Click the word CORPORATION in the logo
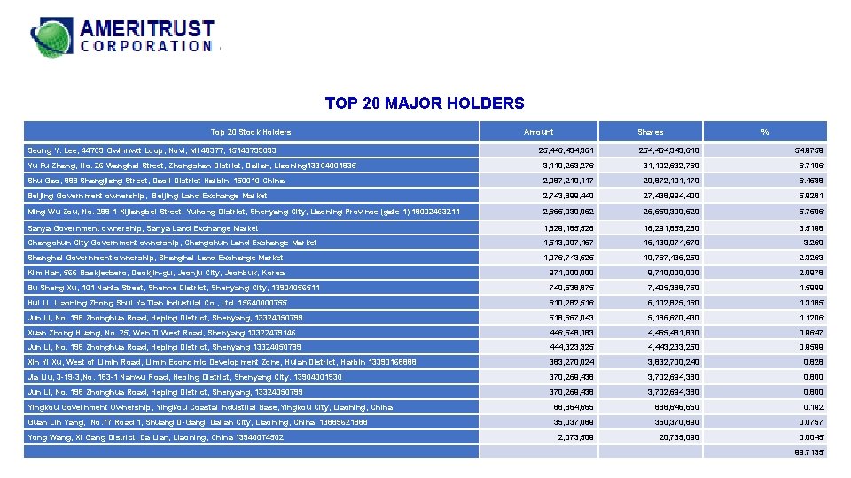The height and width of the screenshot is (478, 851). pyautogui.click(x=146, y=46)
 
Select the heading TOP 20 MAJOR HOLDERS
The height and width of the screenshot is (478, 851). pyautogui.click(x=425, y=104)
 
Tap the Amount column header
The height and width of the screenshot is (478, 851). pyautogui.click(x=539, y=132)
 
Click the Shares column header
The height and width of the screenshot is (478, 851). pyautogui.click(x=650, y=132)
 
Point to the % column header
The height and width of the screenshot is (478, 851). pyautogui.click(x=764, y=132)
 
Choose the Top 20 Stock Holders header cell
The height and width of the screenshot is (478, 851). pyautogui.click(x=250, y=132)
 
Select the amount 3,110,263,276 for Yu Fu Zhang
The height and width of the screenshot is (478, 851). pyautogui.click(x=570, y=165)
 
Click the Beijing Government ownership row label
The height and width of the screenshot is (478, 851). pyautogui.click(x=147, y=196)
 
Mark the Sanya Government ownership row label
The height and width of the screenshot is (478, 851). pyautogui.click(x=143, y=227)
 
